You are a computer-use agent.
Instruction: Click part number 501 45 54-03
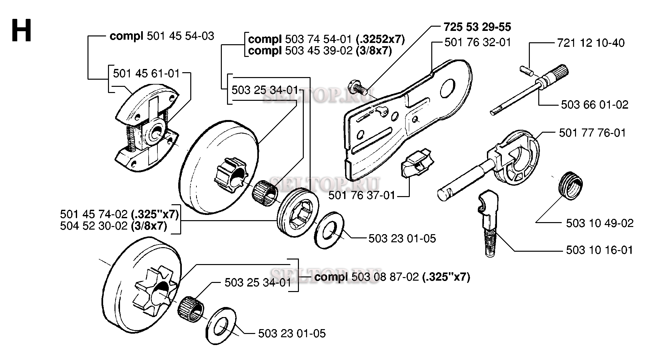point(180,36)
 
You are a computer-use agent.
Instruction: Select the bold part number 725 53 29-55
point(477,27)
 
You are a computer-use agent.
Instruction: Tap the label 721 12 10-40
point(591,43)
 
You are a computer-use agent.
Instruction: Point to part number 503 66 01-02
point(595,104)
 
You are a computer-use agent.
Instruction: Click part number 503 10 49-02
point(600,223)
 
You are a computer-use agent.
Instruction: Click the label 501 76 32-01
point(478,43)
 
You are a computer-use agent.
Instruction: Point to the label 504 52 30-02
point(94,226)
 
